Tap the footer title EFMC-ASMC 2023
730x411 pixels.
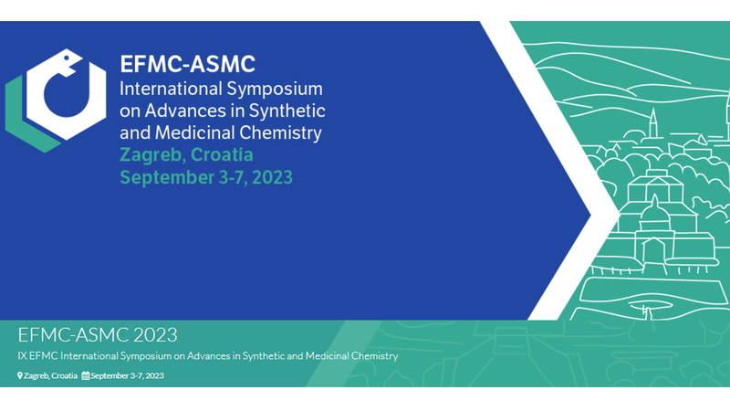[97, 334]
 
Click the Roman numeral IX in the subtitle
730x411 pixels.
[22, 356]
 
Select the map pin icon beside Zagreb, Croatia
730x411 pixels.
[20, 375]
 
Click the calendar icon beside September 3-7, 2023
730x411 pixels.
[86, 375]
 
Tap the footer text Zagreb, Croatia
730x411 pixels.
[51, 375]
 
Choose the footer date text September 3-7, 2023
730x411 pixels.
[128, 375]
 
